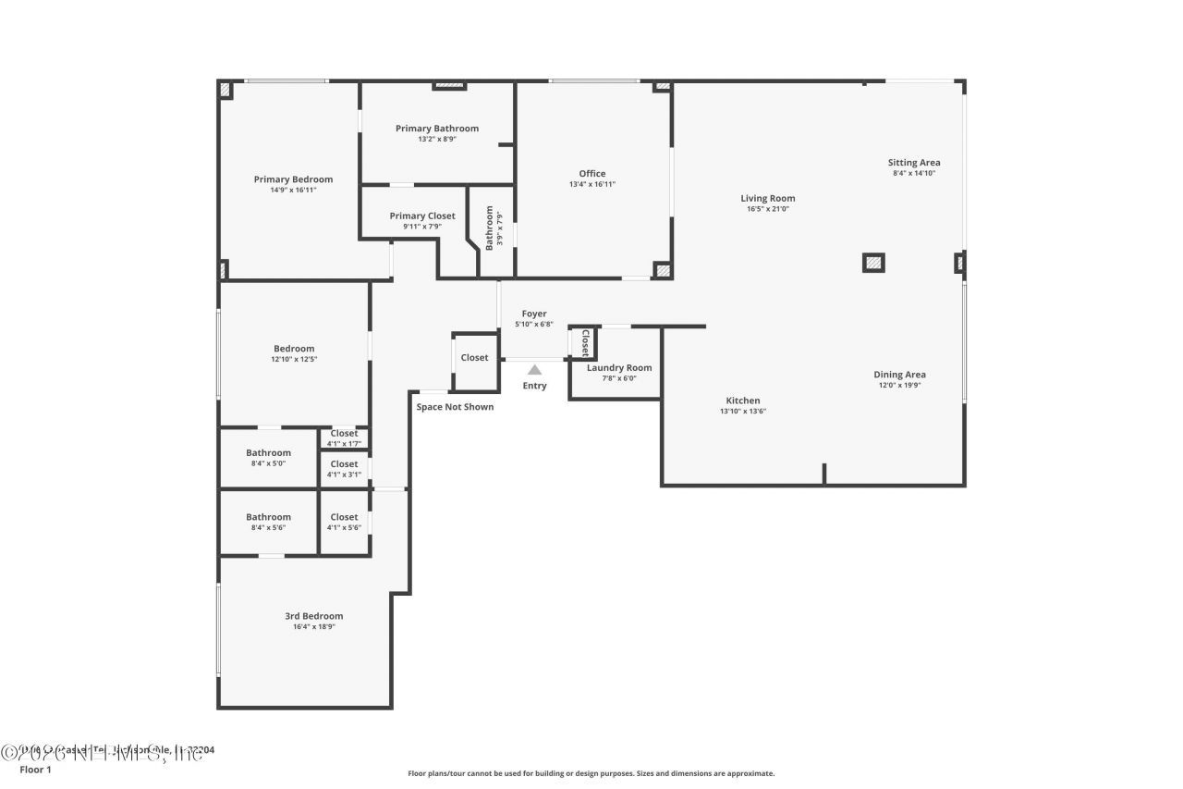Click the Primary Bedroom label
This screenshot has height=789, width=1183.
(x=293, y=179)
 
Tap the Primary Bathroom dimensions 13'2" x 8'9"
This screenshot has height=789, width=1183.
(x=437, y=140)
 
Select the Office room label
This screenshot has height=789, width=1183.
(x=592, y=174)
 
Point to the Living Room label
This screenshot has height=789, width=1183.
(x=767, y=198)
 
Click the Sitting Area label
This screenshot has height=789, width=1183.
(x=914, y=163)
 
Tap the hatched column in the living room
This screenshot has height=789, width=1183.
(x=873, y=263)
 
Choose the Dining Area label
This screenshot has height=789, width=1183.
(x=899, y=375)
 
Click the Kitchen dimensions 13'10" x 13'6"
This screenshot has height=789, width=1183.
(x=743, y=412)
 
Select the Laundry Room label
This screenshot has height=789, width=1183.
(x=619, y=367)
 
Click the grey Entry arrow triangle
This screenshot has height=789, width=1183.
(x=534, y=370)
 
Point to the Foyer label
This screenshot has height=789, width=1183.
(x=534, y=314)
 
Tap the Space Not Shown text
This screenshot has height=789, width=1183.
(x=455, y=407)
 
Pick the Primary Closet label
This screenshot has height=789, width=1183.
(x=422, y=216)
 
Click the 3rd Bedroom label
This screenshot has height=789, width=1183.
(x=313, y=616)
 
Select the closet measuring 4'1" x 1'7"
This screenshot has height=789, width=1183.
(x=344, y=438)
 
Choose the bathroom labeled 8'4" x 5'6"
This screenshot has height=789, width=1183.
(x=268, y=522)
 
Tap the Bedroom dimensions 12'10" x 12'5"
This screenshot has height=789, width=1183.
(x=294, y=359)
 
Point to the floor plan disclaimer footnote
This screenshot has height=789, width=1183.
(x=591, y=773)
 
